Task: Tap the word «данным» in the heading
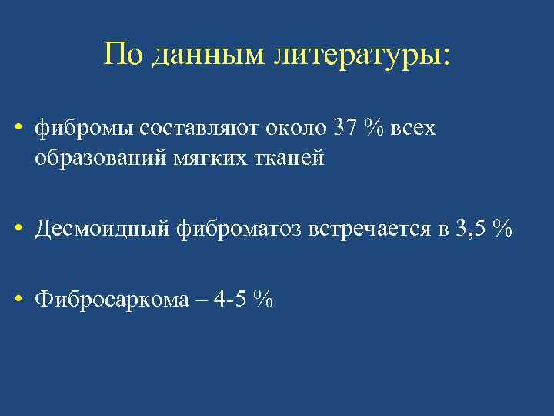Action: point(204,55)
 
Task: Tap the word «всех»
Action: point(413,129)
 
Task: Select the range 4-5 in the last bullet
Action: point(235,299)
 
